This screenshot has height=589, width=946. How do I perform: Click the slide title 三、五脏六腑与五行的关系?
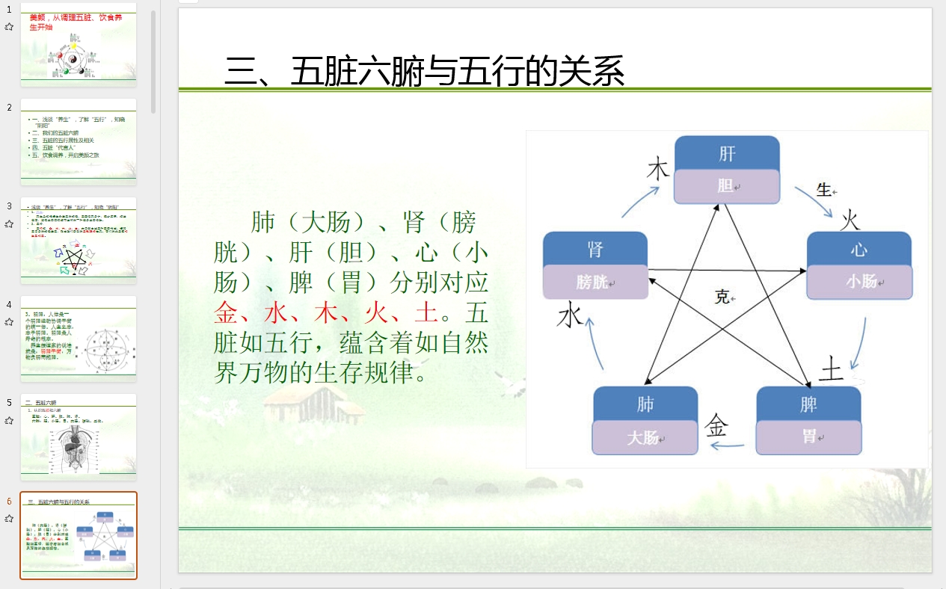pyautogui.click(x=424, y=72)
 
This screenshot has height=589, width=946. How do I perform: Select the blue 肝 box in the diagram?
pyautogui.click(x=727, y=153)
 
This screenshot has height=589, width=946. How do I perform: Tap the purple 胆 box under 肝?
pyautogui.click(x=727, y=186)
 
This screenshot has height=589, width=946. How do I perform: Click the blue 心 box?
pyautogui.click(x=859, y=249)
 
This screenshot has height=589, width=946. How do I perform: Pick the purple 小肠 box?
pyautogui.click(x=859, y=282)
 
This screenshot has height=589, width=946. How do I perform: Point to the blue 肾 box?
pyautogui.click(x=595, y=249)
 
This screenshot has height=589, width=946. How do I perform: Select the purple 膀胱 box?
pyautogui.click(x=595, y=283)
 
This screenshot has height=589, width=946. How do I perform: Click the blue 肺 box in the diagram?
pyautogui.click(x=645, y=404)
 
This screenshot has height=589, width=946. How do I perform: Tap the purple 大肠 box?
pyautogui.click(x=645, y=437)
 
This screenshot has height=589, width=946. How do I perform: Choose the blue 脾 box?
pyautogui.click(x=808, y=404)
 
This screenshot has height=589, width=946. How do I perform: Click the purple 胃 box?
pyautogui.click(x=808, y=437)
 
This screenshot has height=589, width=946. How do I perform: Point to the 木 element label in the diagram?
pyautogui.click(x=657, y=169)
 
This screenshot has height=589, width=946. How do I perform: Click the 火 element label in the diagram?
pyautogui.click(x=850, y=221)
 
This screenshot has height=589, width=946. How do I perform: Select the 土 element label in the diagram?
pyautogui.click(x=831, y=368)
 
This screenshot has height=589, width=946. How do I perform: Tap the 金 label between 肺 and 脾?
pyautogui.click(x=716, y=426)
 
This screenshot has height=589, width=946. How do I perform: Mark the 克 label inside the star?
pyautogui.click(x=722, y=297)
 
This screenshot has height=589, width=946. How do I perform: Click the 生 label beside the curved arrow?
pyautogui.click(x=823, y=190)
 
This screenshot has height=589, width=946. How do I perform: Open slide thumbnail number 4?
pyautogui.click(x=79, y=338)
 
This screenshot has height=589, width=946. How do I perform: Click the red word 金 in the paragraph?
pyautogui.click(x=227, y=312)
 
